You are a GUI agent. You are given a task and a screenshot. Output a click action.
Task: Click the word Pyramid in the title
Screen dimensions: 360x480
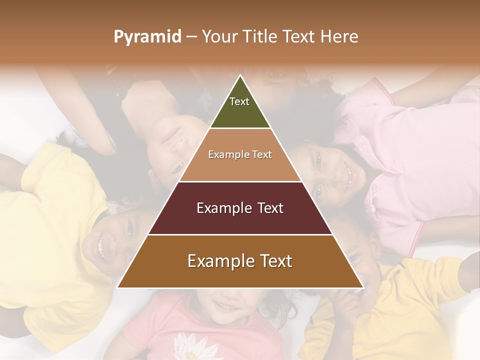click(x=147, y=37)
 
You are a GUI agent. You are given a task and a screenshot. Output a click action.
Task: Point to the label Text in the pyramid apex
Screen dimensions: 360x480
click(x=239, y=101)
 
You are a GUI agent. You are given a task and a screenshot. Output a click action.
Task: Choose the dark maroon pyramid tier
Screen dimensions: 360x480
click(x=240, y=220)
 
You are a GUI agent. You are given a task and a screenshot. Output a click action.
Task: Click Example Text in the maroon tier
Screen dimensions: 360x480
click(x=240, y=208)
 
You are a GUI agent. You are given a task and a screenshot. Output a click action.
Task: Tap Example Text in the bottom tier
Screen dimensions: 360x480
click(x=240, y=261)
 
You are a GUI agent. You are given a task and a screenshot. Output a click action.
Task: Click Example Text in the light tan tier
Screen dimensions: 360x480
click(x=240, y=154)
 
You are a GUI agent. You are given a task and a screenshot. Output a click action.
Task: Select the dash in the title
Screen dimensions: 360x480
click(x=191, y=36)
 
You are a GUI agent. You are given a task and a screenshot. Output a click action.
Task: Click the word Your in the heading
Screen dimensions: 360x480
click(x=218, y=36)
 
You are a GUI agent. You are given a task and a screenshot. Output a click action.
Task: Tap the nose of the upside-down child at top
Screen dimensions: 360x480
click(x=173, y=133)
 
